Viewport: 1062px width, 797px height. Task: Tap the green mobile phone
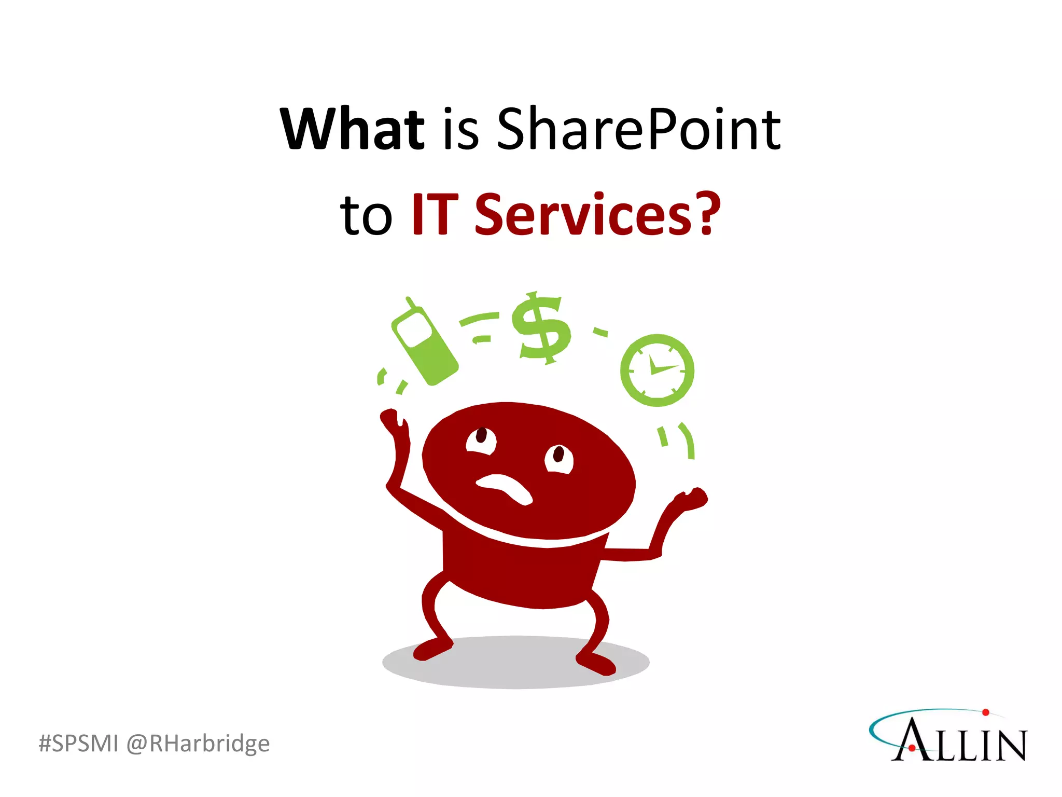(x=424, y=342)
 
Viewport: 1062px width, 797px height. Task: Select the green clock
(x=657, y=370)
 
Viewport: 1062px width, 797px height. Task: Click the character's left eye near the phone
(x=481, y=440)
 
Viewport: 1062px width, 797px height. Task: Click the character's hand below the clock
(x=692, y=499)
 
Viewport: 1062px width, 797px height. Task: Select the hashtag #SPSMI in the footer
(x=78, y=743)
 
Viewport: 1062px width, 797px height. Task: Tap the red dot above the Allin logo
(x=986, y=712)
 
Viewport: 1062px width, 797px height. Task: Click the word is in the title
(x=460, y=130)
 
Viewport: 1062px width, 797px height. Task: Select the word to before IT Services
(x=366, y=215)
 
